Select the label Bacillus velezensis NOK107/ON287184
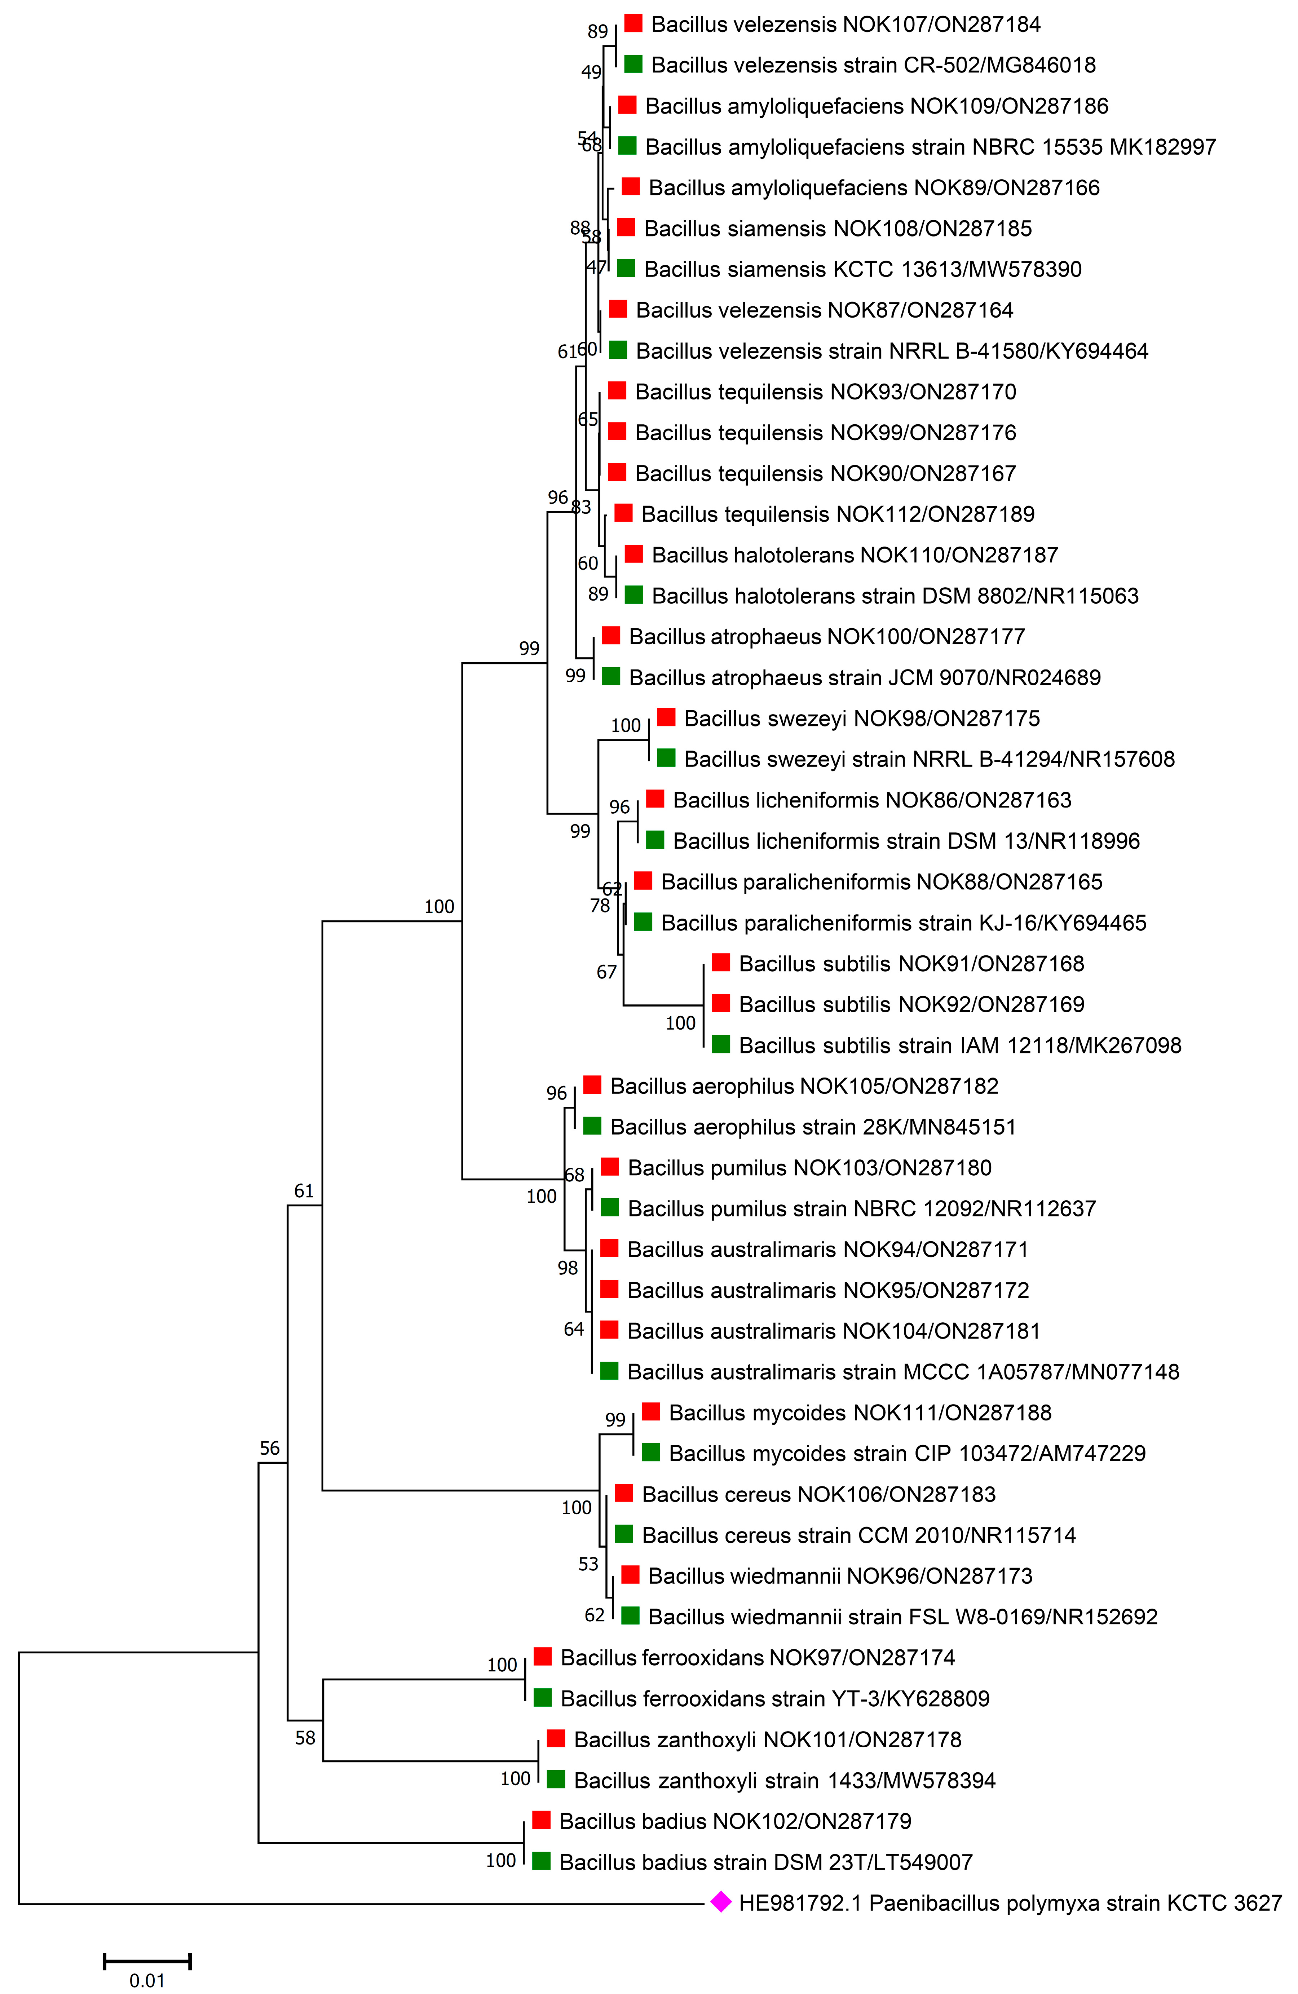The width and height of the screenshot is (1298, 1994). (846, 25)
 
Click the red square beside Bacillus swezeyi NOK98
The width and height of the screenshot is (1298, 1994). (666, 717)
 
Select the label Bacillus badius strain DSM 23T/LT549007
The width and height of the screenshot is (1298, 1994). (766, 1862)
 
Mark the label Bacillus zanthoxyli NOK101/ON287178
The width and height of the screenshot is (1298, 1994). (768, 1739)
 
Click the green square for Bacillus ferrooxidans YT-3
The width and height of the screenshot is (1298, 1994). (542, 1697)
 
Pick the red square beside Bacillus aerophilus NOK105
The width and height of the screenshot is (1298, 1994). (592, 1085)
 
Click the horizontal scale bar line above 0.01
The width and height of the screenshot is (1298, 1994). (147, 1960)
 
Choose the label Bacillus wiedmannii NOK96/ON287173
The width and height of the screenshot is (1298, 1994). (840, 1576)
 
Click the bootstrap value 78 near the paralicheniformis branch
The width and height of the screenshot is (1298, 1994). (600, 906)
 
